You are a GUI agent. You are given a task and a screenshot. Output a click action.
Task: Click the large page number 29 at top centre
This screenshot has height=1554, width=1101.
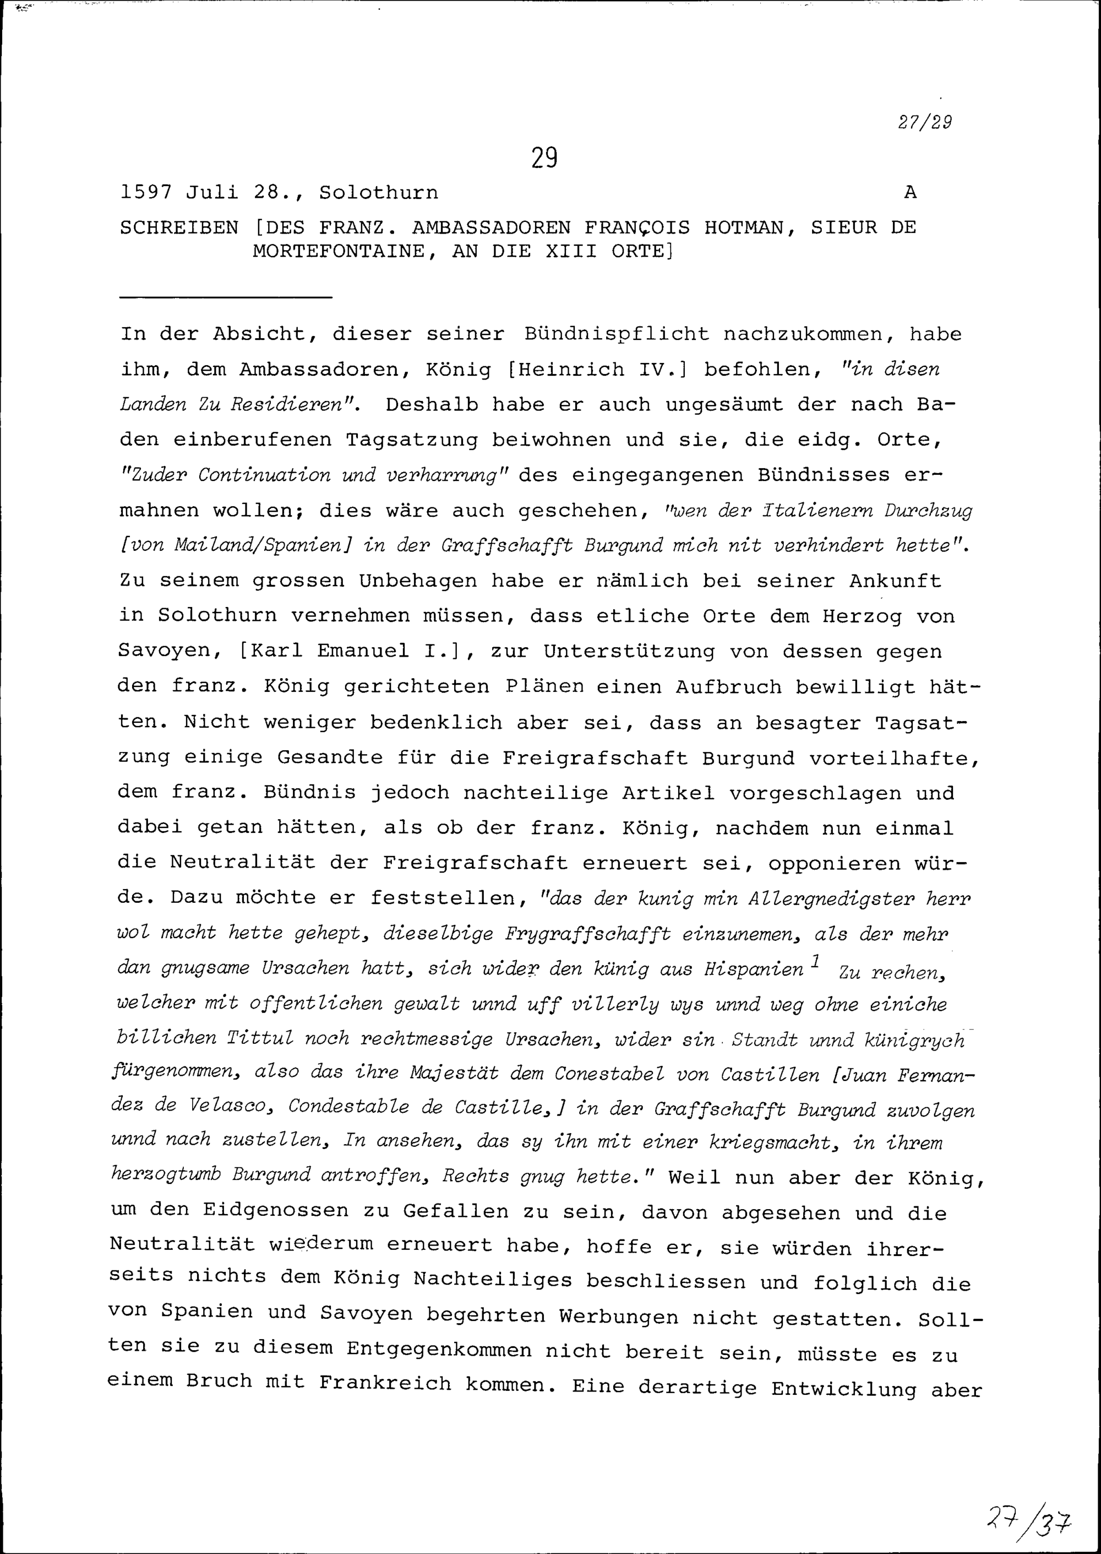[x=544, y=158]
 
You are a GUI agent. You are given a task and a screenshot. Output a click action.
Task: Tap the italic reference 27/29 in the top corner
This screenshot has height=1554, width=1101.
[x=925, y=122]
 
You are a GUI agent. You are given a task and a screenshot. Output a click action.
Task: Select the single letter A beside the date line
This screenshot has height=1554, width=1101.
[x=911, y=193]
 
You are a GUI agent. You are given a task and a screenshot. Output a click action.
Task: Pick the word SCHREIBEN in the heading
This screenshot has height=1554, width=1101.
[x=179, y=228]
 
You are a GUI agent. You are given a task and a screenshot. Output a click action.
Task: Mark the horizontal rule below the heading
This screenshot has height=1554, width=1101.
[x=225, y=297]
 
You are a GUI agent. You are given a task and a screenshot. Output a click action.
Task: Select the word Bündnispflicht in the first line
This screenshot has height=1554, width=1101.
[x=616, y=334]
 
